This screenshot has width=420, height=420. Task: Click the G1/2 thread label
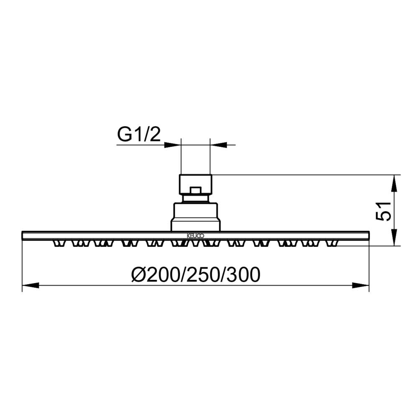139,135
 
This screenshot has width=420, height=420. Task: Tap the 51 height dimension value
383,212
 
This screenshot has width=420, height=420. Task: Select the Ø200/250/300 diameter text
196,274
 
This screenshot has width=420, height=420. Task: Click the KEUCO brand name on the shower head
195,236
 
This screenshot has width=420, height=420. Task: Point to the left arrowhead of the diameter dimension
30,286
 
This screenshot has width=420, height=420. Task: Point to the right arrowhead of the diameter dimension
361,286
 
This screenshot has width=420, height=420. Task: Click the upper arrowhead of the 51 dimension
394,184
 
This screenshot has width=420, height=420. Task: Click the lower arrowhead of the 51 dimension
394,237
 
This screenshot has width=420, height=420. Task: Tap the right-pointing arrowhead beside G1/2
173,145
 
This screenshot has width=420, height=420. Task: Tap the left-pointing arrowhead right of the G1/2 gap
218,145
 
